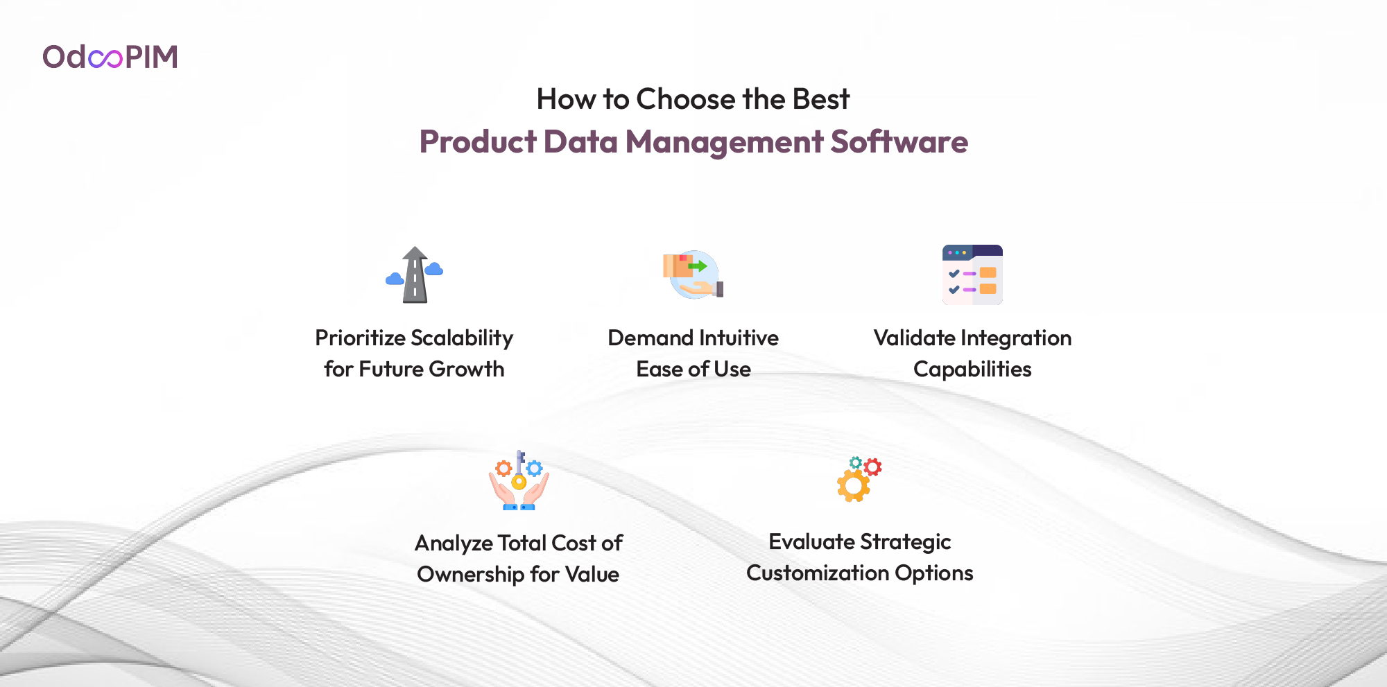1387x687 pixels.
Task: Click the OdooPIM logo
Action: pyautogui.click(x=110, y=57)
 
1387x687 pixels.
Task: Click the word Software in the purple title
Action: pyautogui.click(x=899, y=141)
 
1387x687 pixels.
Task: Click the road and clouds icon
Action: pyautogui.click(x=415, y=275)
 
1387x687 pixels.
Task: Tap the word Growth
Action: pyautogui.click(x=466, y=369)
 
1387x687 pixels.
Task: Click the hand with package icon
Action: pyautogui.click(x=693, y=275)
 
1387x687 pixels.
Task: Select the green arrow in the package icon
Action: pyautogui.click(x=697, y=266)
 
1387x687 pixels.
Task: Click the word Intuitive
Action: pyautogui.click(x=739, y=338)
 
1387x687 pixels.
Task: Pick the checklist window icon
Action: pyautogui.click(x=972, y=275)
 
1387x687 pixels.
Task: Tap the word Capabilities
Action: pyautogui.click(x=972, y=369)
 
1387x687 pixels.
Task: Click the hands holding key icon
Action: pyautogui.click(x=519, y=480)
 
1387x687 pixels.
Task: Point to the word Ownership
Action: pyautogui.click(x=470, y=575)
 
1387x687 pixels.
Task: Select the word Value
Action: pyautogui.click(x=592, y=574)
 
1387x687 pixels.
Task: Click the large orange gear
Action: pyautogui.click(x=854, y=486)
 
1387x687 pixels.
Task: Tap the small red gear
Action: pyautogui.click(x=873, y=467)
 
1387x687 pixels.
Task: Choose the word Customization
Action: pyautogui.click(x=817, y=573)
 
